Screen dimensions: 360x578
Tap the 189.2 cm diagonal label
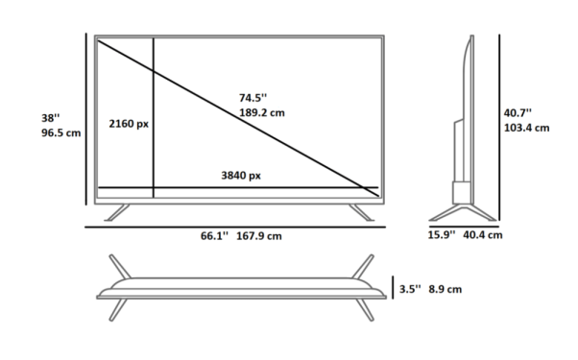pos(262,112)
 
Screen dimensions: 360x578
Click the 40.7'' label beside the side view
pos(518,112)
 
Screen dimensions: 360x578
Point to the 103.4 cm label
pos(526,128)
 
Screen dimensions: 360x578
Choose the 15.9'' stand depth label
pos(441,234)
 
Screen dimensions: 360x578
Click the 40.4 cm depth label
pos(482,234)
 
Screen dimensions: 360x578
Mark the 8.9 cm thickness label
pos(445,288)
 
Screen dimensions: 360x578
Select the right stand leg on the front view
pos(362,211)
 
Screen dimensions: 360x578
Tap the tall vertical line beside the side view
pos(499,125)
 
